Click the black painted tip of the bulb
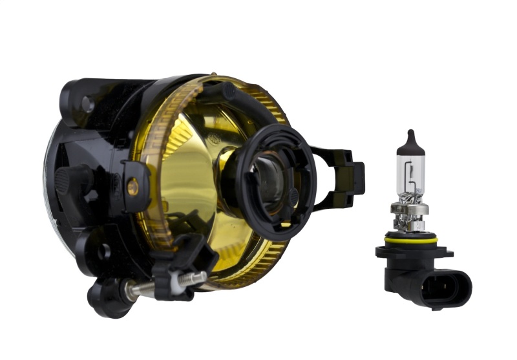pos(410,142)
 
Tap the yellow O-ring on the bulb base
pos(411,240)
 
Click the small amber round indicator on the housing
pos(132,188)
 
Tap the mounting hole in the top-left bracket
pos(87,103)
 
